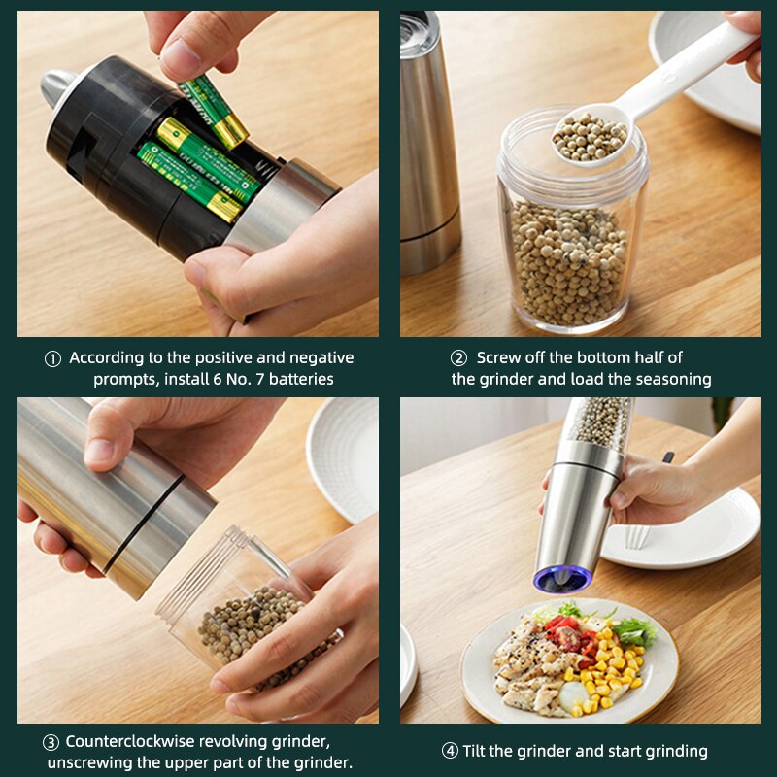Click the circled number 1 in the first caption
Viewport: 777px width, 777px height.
[x=52, y=358]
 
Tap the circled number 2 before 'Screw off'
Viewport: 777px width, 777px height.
[x=458, y=358]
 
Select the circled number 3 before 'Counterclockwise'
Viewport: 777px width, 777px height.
[x=51, y=742]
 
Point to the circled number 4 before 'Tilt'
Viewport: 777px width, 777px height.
[x=450, y=751]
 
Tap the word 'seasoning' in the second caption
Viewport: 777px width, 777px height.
[x=670, y=379]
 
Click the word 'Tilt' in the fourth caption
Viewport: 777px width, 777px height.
[x=480, y=751]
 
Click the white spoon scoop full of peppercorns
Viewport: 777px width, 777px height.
[x=590, y=136]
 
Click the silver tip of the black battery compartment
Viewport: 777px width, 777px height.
[x=55, y=89]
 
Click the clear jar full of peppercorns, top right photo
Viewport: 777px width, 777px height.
[x=571, y=243]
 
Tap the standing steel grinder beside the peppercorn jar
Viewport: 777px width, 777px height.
[x=429, y=146]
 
